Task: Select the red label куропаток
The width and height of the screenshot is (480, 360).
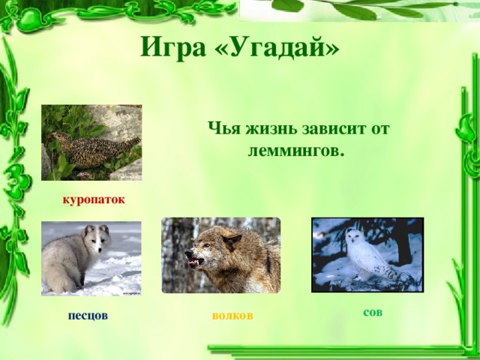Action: click(94, 199)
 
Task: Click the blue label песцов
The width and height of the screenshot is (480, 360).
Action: click(87, 315)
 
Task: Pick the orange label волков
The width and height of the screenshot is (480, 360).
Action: click(232, 315)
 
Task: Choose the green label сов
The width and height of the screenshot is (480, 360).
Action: click(373, 311)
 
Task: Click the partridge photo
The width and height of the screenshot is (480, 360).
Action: click(91, 142)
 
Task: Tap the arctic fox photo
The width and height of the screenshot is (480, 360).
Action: click(91, 258)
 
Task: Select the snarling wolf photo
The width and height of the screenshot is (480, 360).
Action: click(220, 255)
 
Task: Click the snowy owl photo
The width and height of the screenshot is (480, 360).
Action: click(367, 254)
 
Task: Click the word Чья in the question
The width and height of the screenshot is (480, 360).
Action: click(224, 127)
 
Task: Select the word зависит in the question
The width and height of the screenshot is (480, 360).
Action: click(334, 127)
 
